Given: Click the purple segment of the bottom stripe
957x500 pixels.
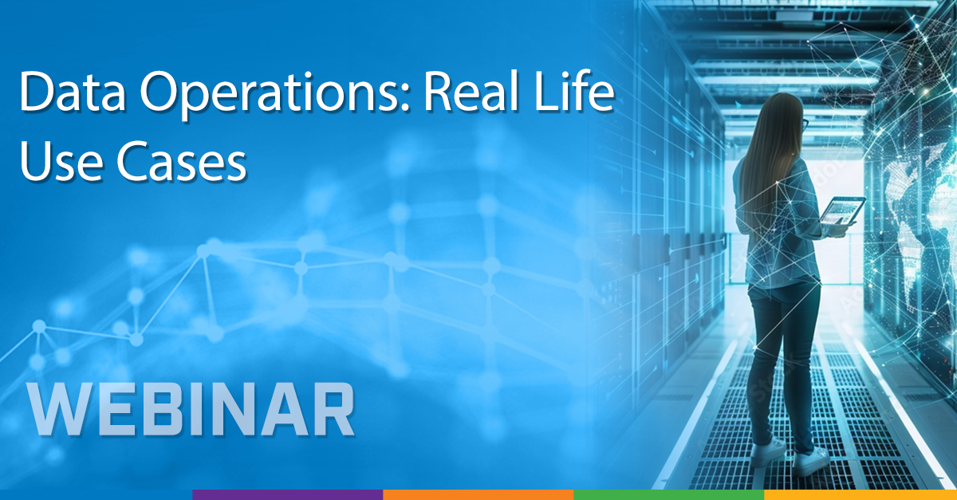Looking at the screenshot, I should [x=287, y=494].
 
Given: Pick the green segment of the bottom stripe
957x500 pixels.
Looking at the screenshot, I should [x=668, y=494].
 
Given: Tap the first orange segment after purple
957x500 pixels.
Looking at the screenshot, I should [x=478, y=494].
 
